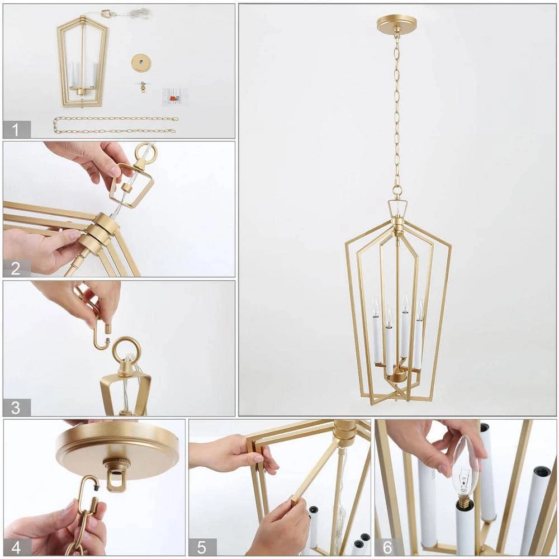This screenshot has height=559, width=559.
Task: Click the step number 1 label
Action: click(x=16, y=129)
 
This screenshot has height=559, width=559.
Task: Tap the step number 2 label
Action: click(x=16, y=268)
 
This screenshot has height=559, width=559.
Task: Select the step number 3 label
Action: click(x=16, y=408)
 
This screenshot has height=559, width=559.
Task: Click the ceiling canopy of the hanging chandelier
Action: click(x=396, y=24)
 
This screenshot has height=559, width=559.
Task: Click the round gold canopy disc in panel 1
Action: click(x=141, y=62)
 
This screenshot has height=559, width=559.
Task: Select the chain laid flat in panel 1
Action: click(x=116, y=125)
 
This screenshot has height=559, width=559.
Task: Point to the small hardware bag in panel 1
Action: click(x=174, y=97)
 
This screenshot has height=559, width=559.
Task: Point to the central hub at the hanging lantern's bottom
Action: click(x=397, y=375)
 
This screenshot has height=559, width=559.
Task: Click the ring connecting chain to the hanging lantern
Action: click(x=397, y=192)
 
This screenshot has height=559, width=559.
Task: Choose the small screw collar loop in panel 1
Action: click(x=143, y=86)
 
